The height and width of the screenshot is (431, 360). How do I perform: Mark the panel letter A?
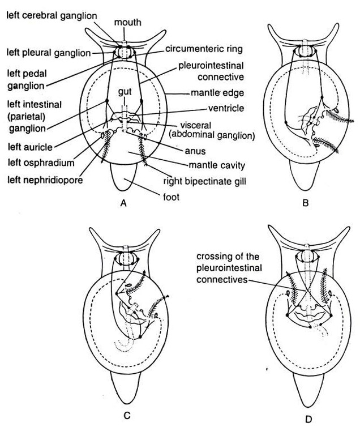pyautogui.click(x=123, y=205)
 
